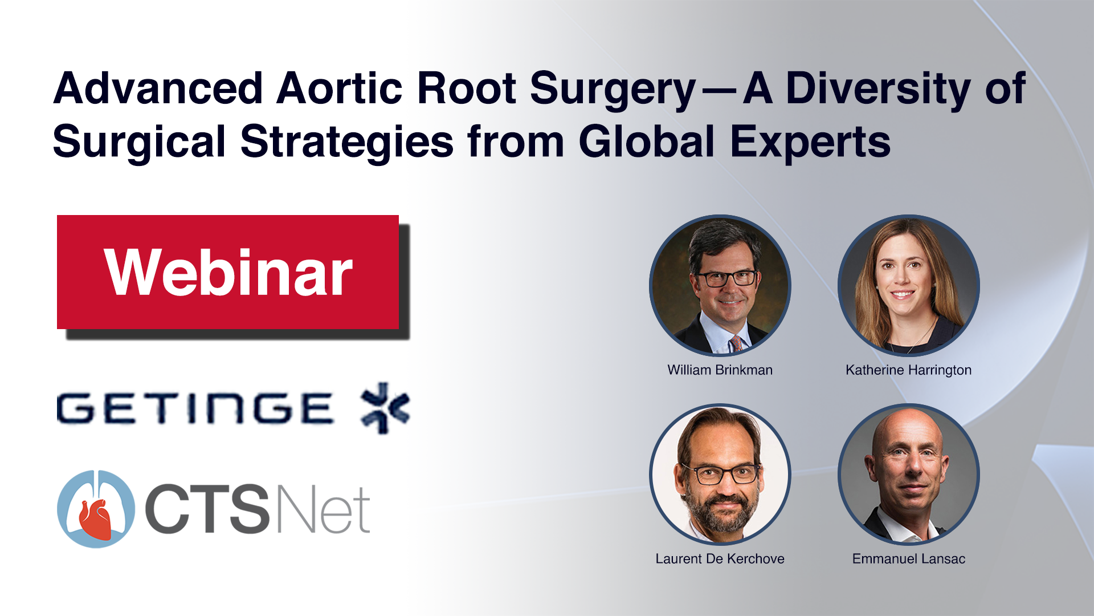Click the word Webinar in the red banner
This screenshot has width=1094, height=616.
[x=228, y=273]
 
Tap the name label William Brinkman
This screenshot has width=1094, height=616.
[x=720, y=370]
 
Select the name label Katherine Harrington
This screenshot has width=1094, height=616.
[x=909, y=370]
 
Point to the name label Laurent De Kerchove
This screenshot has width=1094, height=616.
[x=720, y=559]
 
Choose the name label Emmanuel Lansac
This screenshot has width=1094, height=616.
[x=909, y=559]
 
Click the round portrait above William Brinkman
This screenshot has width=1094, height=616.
[x=720, y=286]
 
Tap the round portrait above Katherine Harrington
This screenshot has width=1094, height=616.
[x=909, y=286]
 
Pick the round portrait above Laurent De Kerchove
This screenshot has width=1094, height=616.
[x=720, y=475]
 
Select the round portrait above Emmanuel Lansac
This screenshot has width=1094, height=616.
[x=909, y=475]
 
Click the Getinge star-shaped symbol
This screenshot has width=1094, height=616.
[x=386, y=408]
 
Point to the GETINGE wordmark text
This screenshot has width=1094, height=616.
[x=195, y=408]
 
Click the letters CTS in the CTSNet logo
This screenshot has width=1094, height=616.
[x=207, y=509]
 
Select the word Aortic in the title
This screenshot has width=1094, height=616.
[x=340, y=88]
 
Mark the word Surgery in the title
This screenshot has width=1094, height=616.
[x=613, y=91]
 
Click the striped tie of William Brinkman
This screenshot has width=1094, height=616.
[x=736, y=344]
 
